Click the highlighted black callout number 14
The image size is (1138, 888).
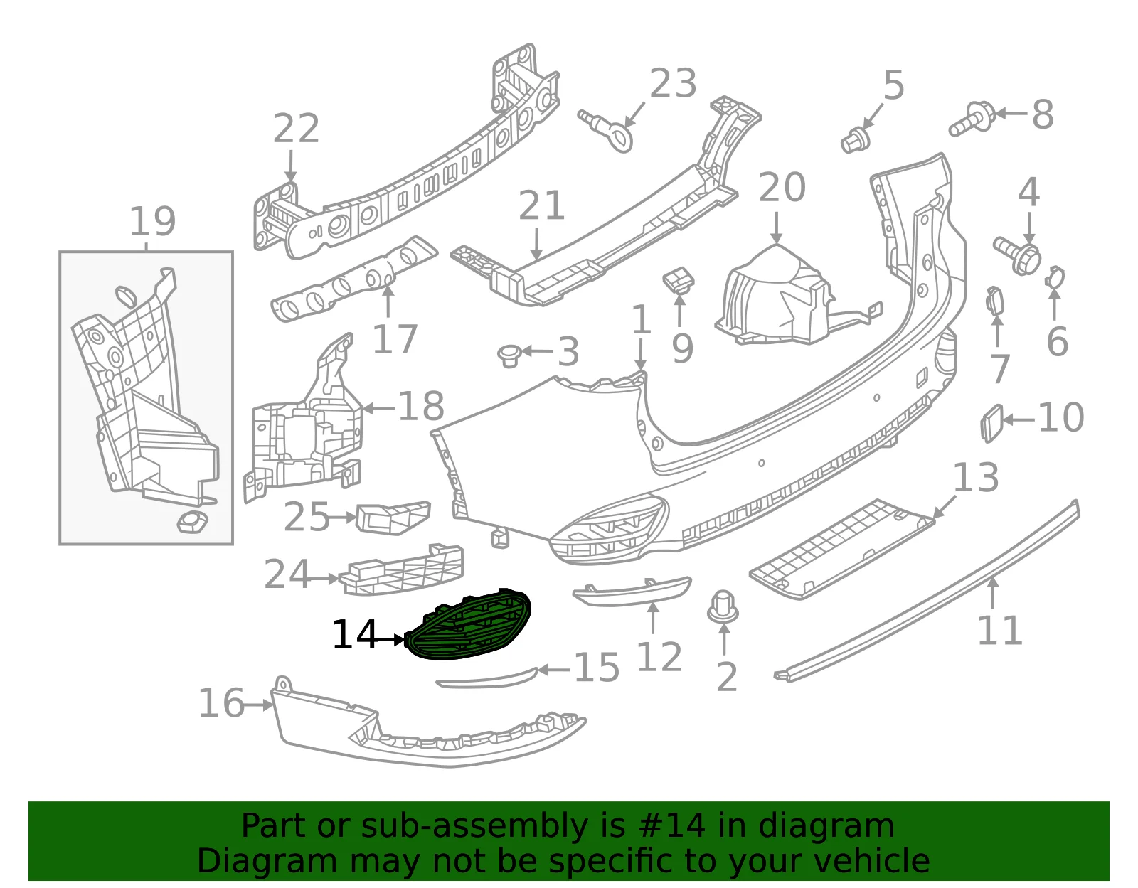tap(354, 635)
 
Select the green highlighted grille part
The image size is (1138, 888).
tap(469, 624)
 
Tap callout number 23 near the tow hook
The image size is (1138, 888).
tap(673, 83)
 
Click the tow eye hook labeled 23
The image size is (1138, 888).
tap(607, 130)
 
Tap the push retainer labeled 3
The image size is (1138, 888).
tap(509, 355)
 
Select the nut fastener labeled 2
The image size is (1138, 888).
tap(723, 608)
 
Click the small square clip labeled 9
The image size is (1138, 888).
tap(679, 279)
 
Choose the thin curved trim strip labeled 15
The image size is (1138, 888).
tap(487, 678)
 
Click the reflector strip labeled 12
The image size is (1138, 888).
tap(632, 592)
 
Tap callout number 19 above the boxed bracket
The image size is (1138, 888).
tap(152, 221)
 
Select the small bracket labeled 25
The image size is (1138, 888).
tap(393, 518)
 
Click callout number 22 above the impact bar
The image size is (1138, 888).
tap(296, 128)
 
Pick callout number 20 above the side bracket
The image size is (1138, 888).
tap(782, 187)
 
